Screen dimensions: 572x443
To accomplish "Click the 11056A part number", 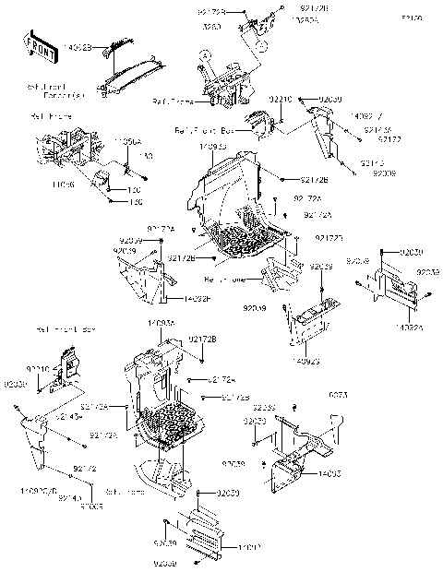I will coord(128,142).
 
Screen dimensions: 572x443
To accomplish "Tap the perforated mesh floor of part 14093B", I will coord(245,242).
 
